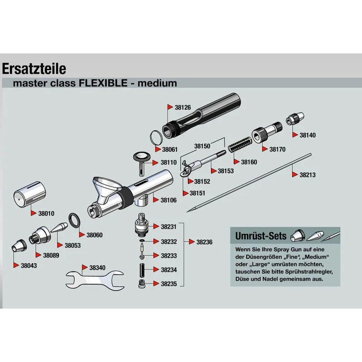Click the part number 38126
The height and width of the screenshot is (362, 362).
[183, 108]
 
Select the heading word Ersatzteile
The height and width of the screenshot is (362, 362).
[34, 68]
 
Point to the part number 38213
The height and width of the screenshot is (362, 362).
[308, 175]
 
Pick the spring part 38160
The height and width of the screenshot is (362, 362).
[238, 148]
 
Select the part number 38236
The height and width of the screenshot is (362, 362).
[204, 242]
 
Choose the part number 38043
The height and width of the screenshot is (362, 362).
[29, 266]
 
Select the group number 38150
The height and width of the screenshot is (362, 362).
[202, 146]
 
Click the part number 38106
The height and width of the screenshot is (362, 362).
[168, 200]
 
